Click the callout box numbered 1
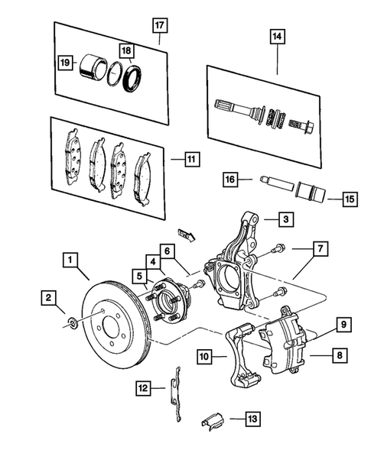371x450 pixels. [72, 261]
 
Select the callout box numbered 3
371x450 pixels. [284, 220]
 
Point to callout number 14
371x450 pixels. [276, 35]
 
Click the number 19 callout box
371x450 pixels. [66, 63]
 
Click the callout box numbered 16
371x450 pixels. [229, 180]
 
